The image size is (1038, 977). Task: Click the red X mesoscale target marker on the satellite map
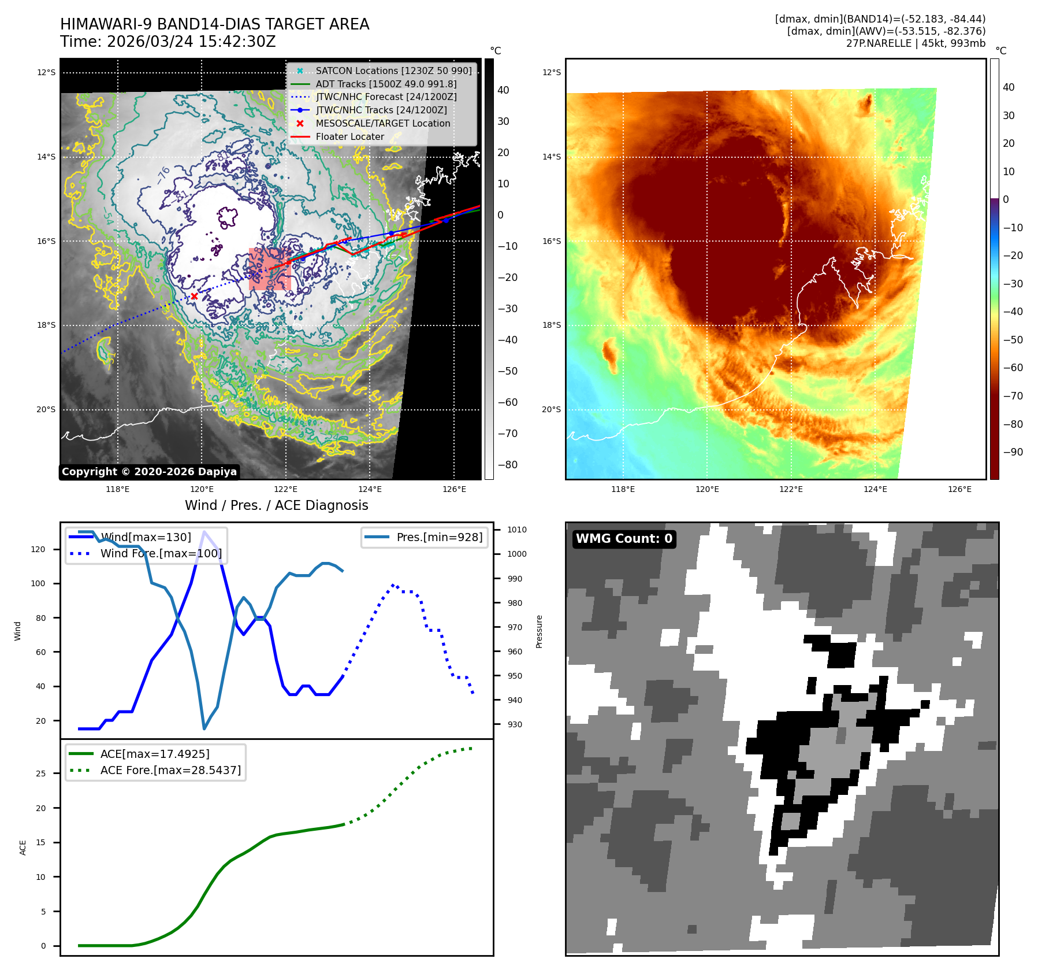194,297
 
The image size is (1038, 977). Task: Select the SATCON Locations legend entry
393,71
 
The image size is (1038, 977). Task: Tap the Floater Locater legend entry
349,136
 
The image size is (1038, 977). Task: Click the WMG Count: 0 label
624,539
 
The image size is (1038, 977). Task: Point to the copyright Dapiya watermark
149,472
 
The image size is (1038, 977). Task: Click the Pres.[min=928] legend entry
439,537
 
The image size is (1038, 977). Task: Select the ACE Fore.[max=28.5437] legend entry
170,770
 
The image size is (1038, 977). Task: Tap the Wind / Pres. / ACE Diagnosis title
276,505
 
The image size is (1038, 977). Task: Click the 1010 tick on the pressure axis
517,530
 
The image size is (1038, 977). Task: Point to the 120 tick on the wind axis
38,549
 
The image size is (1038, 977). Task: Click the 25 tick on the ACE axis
40,774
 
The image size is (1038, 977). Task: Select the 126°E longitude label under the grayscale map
454,489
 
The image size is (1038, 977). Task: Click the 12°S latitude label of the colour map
551,72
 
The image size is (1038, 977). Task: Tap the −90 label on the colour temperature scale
1013,452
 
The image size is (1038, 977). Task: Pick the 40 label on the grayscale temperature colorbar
503,90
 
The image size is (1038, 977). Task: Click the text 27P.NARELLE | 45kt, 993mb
916,43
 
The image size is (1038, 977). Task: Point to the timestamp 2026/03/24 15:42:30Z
191,42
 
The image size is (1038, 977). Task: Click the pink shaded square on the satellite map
269,269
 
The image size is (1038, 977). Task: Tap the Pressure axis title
539,631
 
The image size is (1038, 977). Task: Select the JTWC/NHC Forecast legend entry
386,97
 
